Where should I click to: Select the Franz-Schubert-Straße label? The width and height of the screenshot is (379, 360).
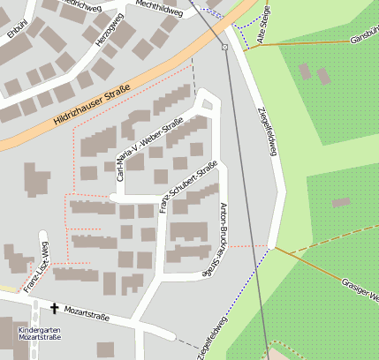click(x=187, y=186)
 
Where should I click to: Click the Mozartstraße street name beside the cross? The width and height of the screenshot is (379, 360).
click(x=87, y=312)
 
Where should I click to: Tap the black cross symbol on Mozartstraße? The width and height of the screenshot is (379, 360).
click(x=55, y=308)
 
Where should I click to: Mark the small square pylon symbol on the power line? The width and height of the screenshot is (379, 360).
click(x=225, y=47)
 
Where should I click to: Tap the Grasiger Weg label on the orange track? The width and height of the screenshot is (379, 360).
click(x=358, y=289)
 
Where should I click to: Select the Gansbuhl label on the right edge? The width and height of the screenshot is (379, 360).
click(x=364, y=40)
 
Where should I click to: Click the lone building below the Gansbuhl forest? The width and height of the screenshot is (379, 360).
click(x=341, y=203)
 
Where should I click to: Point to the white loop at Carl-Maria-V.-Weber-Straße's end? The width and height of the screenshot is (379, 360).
click(x=207, y=105)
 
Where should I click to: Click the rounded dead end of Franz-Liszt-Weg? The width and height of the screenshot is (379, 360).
click(x=42, y=236)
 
